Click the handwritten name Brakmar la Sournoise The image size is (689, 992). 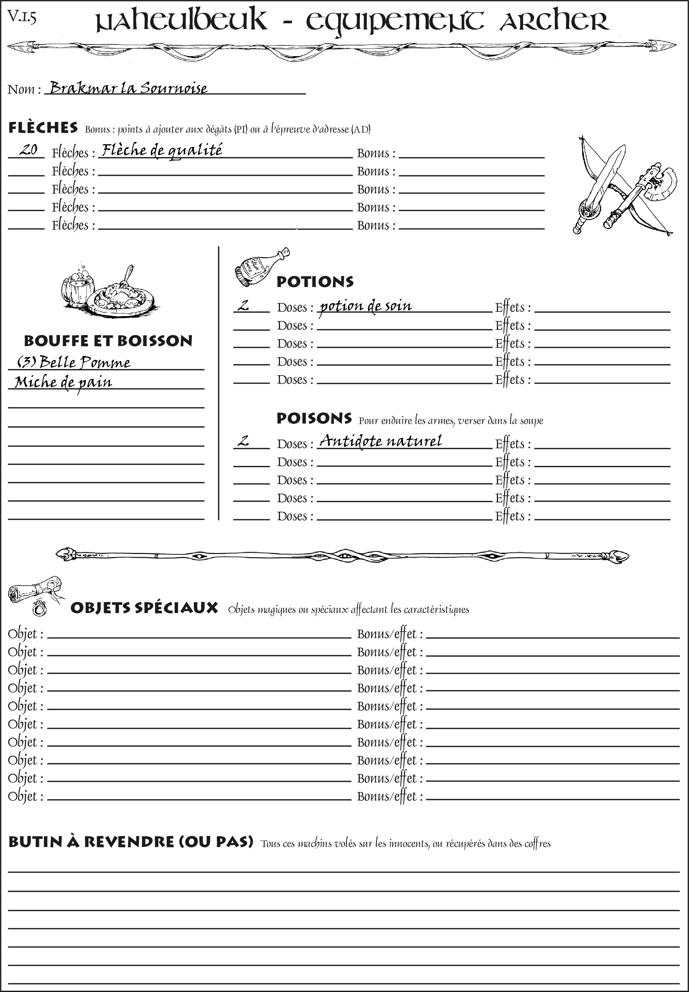click(x=128, y=88)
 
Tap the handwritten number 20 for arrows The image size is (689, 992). click(x=29, y=150)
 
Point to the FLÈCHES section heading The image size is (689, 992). click(x=43, y=128)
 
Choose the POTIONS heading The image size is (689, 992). click(x=315, y=282)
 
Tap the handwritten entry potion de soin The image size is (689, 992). click(x=365, y=306)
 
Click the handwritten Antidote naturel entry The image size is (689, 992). click(x=380, y=441)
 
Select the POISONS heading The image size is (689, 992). click(x=314, y=418)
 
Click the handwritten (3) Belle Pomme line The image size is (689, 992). click(x=73, y=362)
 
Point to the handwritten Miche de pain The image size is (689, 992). click(x=63, y=382)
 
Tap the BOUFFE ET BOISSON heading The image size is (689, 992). click(x=108, y=341)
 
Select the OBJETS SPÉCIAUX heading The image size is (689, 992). click(x=144, y=608)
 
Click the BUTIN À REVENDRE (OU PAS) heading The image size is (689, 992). click(x=130, y=842)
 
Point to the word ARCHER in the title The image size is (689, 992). click(x=554, y=22)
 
